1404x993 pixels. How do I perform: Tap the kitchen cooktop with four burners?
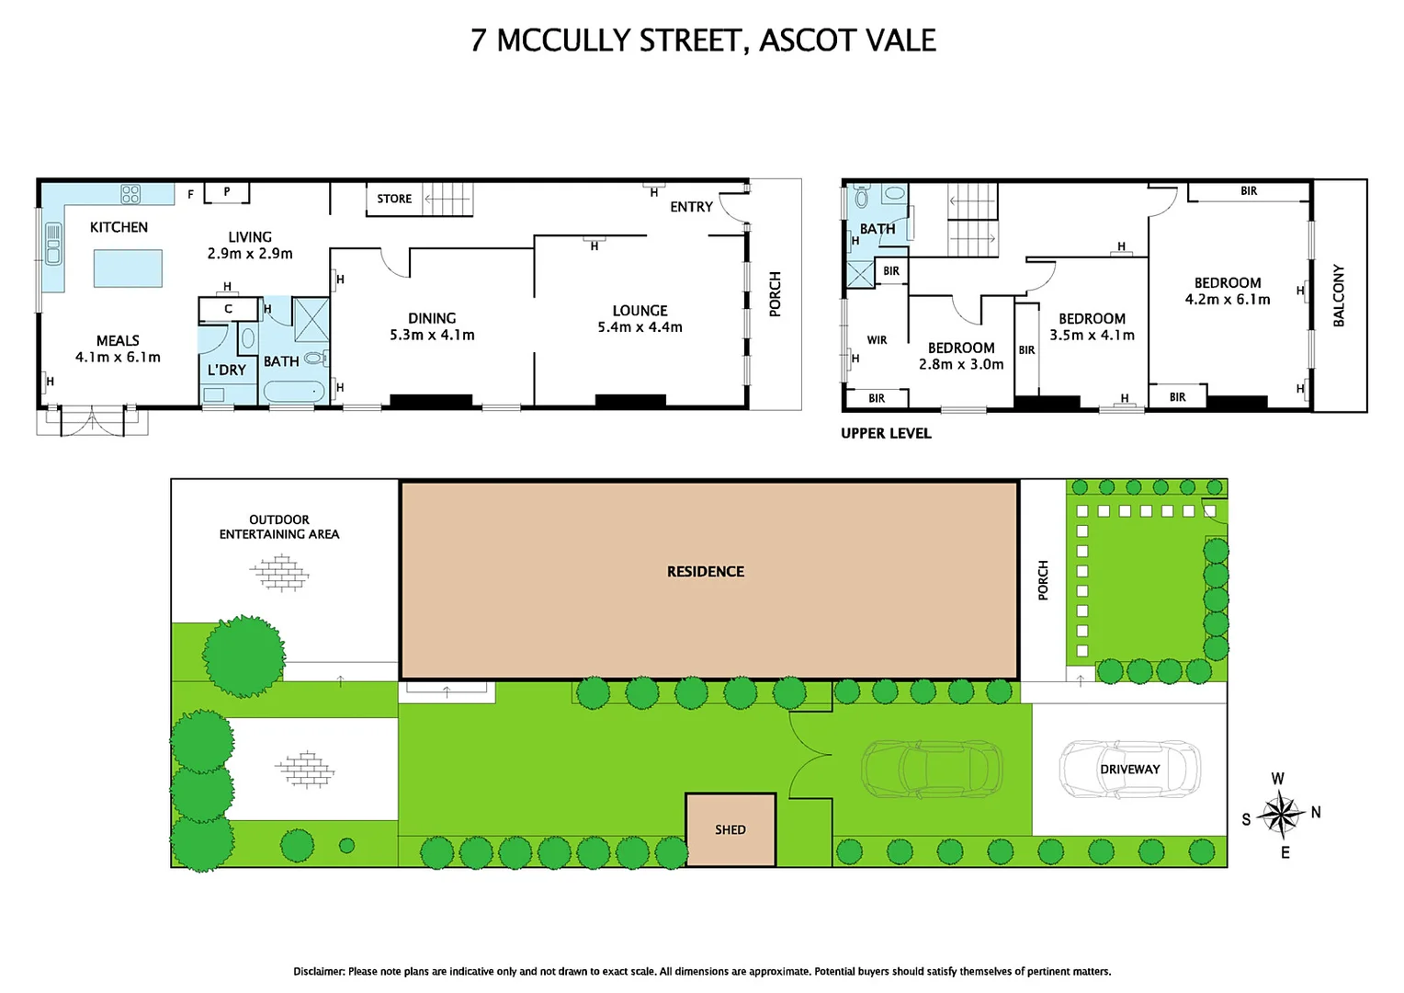pyautogui.click(x=130, y=193)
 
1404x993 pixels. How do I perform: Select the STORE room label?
pyautogui.click(x=394, y=199)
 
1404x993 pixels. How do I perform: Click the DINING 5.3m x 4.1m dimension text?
pyautogui.click(x=432, y=336)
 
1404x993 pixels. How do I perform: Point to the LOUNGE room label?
pyautogui.click(x=640, y=311)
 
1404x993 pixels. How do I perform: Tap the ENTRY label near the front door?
pyautogui.click(x=691, y=207)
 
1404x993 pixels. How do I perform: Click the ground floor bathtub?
pyautogui.click(x=294, y=392)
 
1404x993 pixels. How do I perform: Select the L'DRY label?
pyautogui.click(x=226, y=370)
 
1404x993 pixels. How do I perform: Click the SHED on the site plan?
pyautogui.click(x=730, y=829)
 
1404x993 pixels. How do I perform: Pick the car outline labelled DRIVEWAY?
pyautogui.click(x=1129, y=769)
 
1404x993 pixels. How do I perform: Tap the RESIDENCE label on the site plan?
pyautogui.click(x=706, y=572)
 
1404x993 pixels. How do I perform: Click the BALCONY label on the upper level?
pyautogui.click(x=1339, y=296)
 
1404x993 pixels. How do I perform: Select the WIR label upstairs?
pyautogui.click(x=877, y=340)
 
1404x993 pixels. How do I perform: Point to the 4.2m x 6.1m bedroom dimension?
pyautogui.click(x=1228, y=300)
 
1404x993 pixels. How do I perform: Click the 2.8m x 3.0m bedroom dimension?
pyautogui.click(x=961, y=364)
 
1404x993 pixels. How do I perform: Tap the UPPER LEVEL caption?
pyautogui.click(x=886, y=433)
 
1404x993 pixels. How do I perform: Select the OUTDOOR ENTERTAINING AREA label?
pyautogui.click(x=279, y=527)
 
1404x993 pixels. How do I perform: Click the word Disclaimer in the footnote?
pyautogui.click(x=319, y=971)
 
